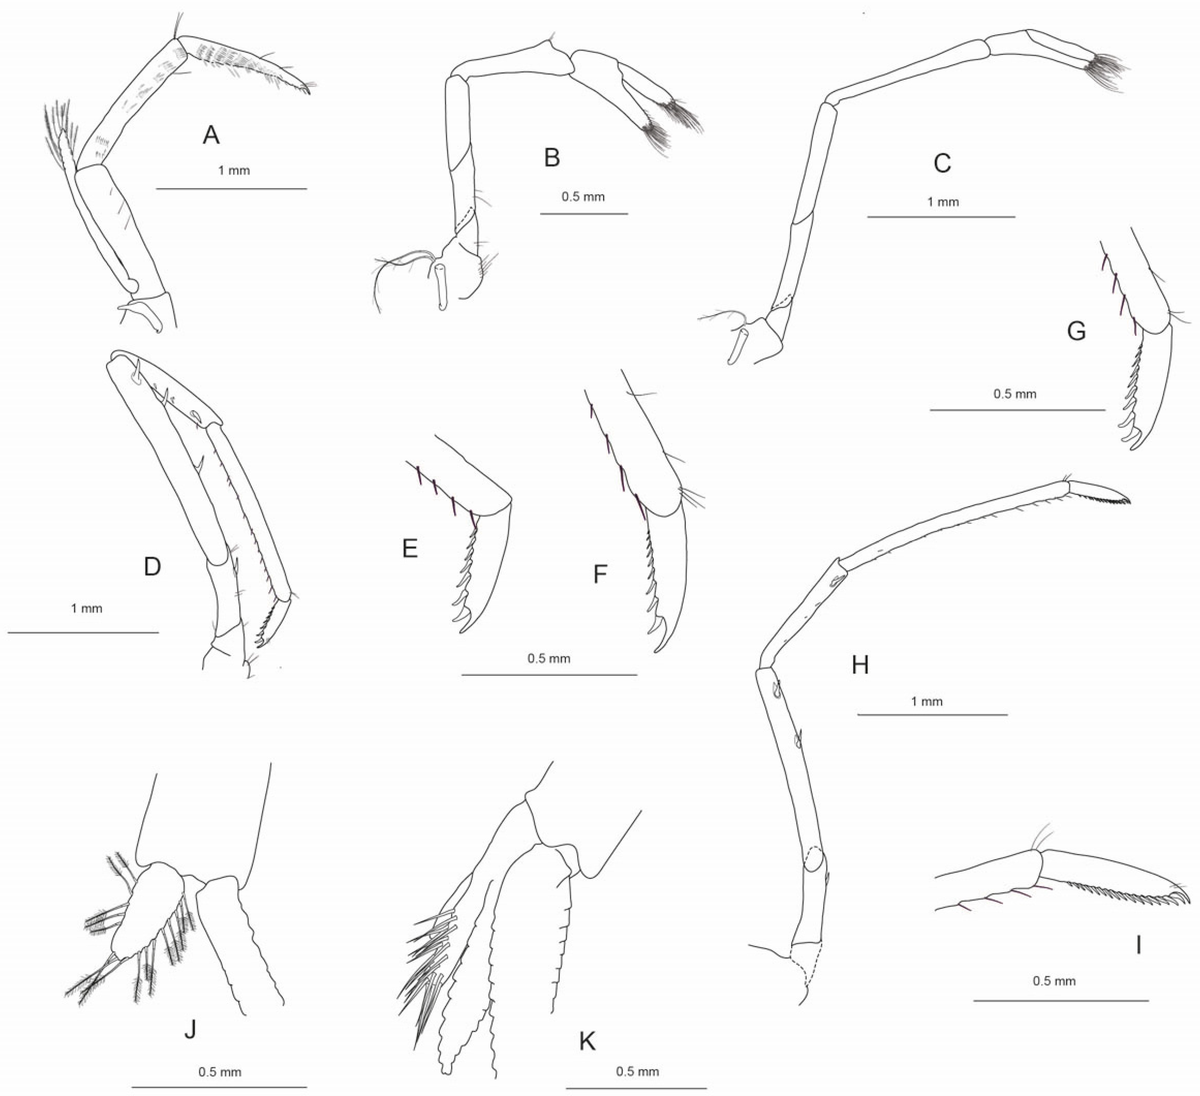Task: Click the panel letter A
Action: click(211, 136)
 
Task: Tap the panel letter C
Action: click(942, 163)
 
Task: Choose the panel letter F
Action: click(600, 574)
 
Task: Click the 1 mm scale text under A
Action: click(234, 171)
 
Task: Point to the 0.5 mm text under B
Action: click(583, 197)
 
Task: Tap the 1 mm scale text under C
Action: click(943, 202)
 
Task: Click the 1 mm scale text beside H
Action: click(927, 701)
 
